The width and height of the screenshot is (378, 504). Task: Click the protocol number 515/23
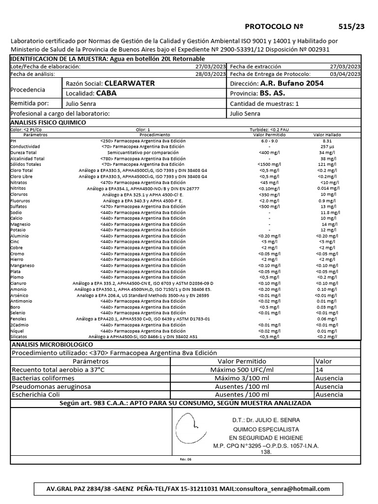click(x=351, y=27)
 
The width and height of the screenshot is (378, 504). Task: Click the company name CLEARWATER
click(x=129, y=83)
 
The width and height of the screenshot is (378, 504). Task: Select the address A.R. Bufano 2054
click(x=292, y=83)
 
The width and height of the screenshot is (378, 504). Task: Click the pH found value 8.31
click(x=327, y=140)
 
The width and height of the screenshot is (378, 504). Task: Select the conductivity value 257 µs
click(x=327, y=147)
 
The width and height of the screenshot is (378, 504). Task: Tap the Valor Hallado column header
click(x=327, y=134)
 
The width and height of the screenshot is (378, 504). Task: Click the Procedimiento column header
click(x=155, y=134)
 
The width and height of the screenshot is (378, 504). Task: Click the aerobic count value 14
click(x=319, y=369)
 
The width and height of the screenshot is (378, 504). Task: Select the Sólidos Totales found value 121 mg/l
click(x=327, y=164)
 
